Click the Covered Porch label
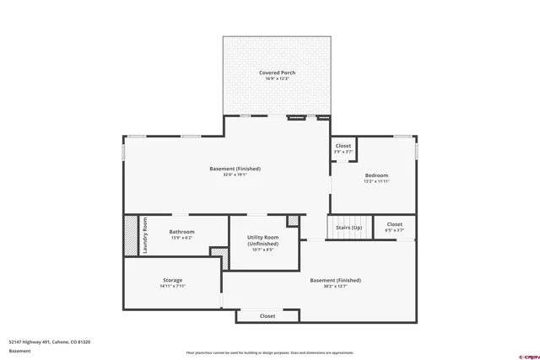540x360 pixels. pos(276,73)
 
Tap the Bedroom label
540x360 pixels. pos(376,175)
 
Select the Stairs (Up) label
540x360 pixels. pos(348,228)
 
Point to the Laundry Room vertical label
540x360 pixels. pos(145,236)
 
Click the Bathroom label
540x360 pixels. pos(181,232)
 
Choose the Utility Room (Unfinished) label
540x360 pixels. pos(262,240)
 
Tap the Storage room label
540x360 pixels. pos(172,280)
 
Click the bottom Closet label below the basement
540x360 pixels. pos(267,316)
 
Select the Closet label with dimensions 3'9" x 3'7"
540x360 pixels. pos(343,146)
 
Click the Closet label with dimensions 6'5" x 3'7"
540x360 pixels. pos(395,224)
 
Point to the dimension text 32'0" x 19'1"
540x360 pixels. pos(235,175)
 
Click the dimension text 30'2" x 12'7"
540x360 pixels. pos(335,286)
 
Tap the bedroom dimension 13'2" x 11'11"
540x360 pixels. pos(376,180)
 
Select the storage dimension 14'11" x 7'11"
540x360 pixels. pos(172,286)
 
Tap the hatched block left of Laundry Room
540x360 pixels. pos(131,236)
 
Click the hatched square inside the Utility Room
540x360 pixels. pos(293,221)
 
